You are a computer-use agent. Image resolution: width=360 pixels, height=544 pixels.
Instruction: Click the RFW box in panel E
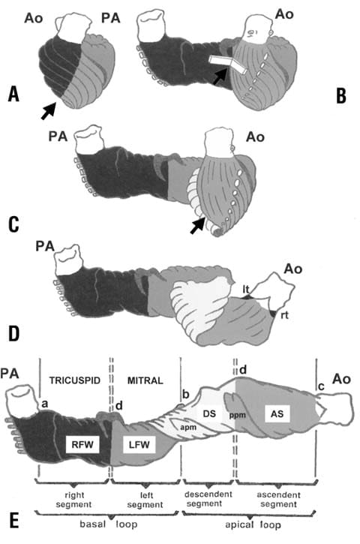(83, 444)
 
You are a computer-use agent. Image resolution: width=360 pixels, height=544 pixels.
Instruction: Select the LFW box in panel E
(139, 444)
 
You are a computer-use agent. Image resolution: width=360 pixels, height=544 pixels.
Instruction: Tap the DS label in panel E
(209, 414)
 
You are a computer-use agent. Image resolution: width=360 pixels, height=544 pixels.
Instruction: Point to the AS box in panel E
(277, 413)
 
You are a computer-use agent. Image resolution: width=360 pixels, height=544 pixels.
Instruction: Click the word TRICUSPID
(74, 380)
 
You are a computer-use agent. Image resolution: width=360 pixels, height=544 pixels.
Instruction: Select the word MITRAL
(145, 380)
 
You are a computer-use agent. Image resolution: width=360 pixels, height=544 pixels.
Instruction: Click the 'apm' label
(189, 427)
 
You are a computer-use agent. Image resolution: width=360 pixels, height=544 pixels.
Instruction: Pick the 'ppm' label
(238, 415)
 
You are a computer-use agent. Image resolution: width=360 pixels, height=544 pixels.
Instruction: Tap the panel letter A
(13, 94)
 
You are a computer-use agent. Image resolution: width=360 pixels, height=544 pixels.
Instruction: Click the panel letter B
(341, 96)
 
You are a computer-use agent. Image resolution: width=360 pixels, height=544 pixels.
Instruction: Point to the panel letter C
(13, 224)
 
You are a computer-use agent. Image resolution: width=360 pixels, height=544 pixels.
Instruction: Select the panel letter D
(13, 333)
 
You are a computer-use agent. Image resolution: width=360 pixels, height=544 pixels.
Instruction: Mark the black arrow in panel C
(197, 225)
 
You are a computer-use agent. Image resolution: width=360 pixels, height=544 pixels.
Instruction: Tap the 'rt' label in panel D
(284, 315)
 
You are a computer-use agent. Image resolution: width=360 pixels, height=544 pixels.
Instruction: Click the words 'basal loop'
(109, 524)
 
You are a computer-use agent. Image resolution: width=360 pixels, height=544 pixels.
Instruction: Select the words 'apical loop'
(253, 524)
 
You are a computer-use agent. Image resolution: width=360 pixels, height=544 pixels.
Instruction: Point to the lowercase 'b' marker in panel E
(186, 395)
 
